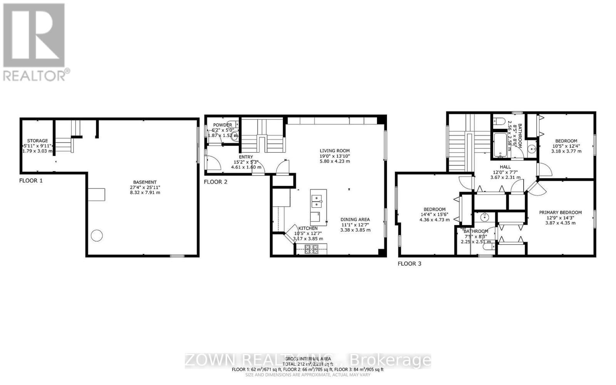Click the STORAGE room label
[x=37, y=141]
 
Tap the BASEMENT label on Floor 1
[x=145, y=182]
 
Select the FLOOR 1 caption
[x=31, y=180]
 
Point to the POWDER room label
[x=223, y=125]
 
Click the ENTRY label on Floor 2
[x=246, y=157]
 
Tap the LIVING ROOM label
[x=335, y=151]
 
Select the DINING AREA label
[x=355, y=219]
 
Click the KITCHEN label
[x=308, y=228]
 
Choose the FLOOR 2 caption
[x=216, y=182]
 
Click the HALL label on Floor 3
[x=505, y=167]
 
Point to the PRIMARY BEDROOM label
[x=560, y=212]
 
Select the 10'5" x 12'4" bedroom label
[x=566, y=141]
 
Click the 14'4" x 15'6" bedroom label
[x=434, y=209]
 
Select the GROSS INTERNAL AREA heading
[x=307, y=359]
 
